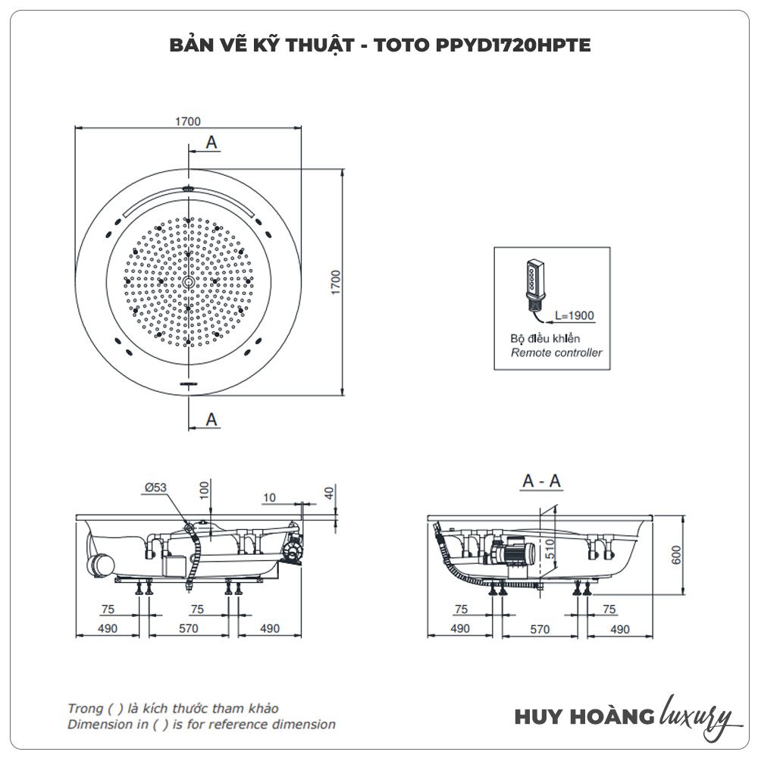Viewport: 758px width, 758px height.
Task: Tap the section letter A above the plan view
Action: pyautogui.click(x=211, y=142)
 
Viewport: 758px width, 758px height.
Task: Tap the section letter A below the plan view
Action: pyautogui.click(x=211, y=418)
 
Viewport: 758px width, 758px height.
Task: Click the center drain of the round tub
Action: pyautogui.click(x=188, y=282)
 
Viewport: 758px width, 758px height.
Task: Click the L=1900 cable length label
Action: pyautogui.click(x=574, y=315)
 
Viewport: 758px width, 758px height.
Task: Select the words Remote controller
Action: pyautogui.click(x=556, y=352)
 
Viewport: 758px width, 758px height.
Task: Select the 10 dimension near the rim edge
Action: pyautogui.click(x=270, y=497)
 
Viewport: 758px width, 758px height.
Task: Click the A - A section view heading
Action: pyautogui.click(x=542, y=481)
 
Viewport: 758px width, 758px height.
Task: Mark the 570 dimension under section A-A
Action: pyautogui.click(x=539, y=628)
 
